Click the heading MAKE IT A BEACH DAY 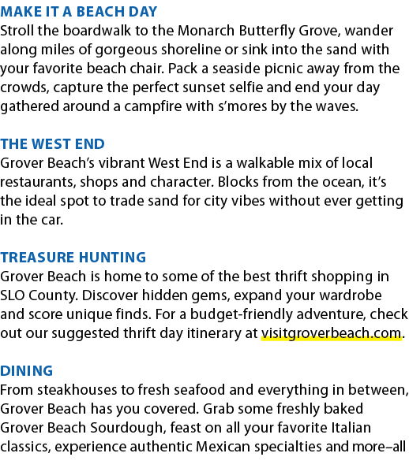(x=79, y=12)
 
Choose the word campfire (x=153, y=107)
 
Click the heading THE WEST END (x=53, y=144)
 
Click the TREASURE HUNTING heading (x=73, y=258)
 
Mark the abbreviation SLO (x=13, y=295)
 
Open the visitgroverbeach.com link (x=331, y=333)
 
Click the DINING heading (x=27, y=371)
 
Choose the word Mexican (x=223, y=447)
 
